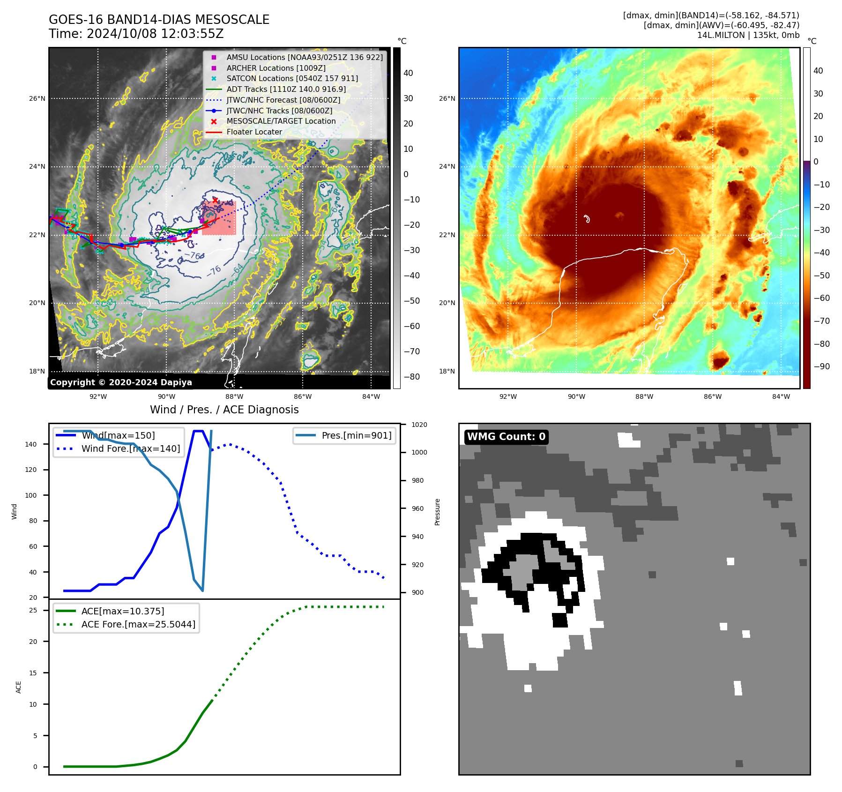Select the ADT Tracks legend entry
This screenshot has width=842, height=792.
pyautogui.click(x=286, y=89)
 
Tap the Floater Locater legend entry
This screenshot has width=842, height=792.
pyautogui.click(x=254, y=132)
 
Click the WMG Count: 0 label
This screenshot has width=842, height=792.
pyautogui.click(x=506, y=437)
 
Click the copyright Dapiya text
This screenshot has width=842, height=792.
pyautogui.click(x=121, y=382)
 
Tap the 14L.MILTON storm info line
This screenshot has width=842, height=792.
pyautogui.click(x=748, y=35)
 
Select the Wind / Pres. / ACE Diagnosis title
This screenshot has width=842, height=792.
pyautogui.click(x=224, y=410)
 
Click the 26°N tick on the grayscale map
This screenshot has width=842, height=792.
pyautogui.click(x=37, y=98)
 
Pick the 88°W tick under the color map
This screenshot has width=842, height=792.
pyautogui.click(x=644, y=396)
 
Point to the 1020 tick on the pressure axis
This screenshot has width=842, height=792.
pyautogui.click(x=419, y=425)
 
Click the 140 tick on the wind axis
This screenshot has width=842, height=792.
pyautogui.click(x=31, y=444)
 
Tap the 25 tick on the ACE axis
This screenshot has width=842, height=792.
pyautogui.click(x=33, y=610)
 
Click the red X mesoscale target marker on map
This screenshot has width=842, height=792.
pyautogui.click(x=215, y=200)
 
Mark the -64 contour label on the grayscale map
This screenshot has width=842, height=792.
pyautogui.click(x=238, y=269)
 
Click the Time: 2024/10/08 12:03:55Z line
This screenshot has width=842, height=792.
pyautogui.click(x=136, y=34)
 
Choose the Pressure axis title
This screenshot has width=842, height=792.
pyautogui.click(x=437, y=512)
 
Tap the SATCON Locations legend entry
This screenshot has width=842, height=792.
pyautogui.click(x=292, y=78)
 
